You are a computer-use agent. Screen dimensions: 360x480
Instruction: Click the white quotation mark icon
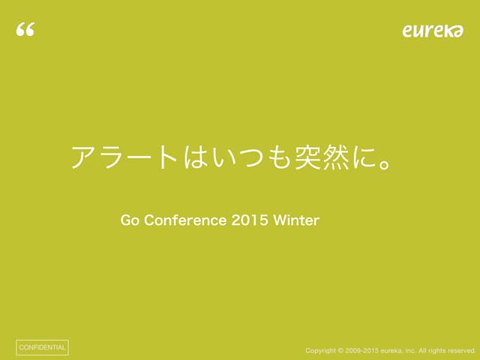point(25,30)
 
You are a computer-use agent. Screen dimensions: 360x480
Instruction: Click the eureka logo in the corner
point(433,30)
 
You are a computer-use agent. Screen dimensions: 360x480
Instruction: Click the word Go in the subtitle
point(130,220)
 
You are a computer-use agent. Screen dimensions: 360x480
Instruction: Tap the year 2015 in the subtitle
point(249,220)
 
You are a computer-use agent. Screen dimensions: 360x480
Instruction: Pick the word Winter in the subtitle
point(296,220)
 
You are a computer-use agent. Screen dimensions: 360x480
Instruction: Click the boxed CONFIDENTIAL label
point(42,348)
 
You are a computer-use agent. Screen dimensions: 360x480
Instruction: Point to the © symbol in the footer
point(340,350)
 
